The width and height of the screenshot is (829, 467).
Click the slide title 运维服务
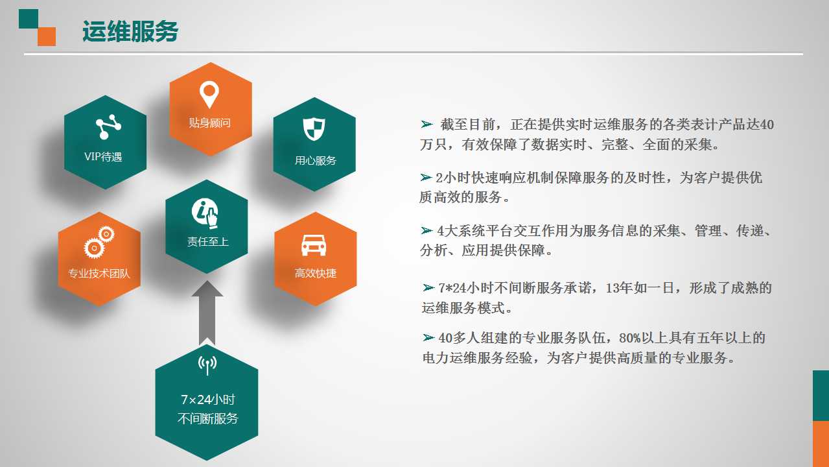pos(130,31)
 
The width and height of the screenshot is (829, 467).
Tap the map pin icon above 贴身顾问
pos(209,95)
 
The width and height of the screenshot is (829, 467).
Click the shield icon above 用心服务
pos(314,129)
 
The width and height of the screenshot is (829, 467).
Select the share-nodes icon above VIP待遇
pos(108,127)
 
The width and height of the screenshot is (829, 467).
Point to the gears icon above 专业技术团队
pos(99,242)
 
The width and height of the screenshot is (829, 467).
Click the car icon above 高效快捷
pos(314,245)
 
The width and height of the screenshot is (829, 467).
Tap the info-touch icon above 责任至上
pos(205,213)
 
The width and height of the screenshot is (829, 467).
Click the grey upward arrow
pos(207,313)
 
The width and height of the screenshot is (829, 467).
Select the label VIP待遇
pos(103,157)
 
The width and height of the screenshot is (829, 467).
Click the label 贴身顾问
pos(210,123)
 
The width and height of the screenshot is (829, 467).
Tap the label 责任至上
pos(207,241)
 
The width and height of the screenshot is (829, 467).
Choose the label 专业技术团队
pos(99,273)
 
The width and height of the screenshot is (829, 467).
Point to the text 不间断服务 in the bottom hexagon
pos(207,418)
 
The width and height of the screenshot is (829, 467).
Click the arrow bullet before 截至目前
pos(426,124)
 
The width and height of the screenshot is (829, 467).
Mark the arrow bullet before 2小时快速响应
pos(426,177)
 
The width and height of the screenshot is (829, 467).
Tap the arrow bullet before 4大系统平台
pos(426,230)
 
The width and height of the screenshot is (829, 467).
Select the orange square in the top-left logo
pos(47,37)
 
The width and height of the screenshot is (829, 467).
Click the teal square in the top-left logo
pos(29,19)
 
